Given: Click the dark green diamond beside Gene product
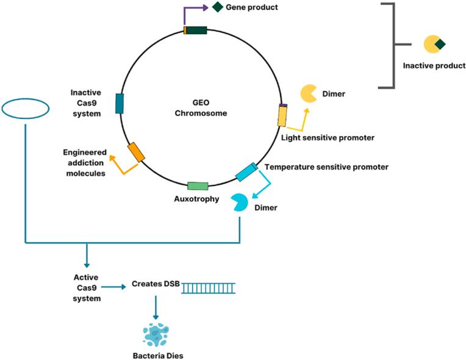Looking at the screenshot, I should pos(217,7).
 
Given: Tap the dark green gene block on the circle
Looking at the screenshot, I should pos(196,30).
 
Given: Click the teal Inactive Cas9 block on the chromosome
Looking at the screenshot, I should pos(120,104).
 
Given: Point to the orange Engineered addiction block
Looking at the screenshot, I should pos(136,153).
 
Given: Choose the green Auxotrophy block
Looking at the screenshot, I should pos(198,185).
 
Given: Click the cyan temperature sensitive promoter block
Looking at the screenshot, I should pos(246,171).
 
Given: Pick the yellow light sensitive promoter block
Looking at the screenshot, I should pos(282,115).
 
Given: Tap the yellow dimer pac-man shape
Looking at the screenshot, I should pos(307,94).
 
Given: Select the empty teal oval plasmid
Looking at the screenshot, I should pos(26,109).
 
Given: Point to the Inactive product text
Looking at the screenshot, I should pos(434,66).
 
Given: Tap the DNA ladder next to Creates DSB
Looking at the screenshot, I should pos(208,286).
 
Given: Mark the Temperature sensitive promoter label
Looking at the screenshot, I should pos(326,166).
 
